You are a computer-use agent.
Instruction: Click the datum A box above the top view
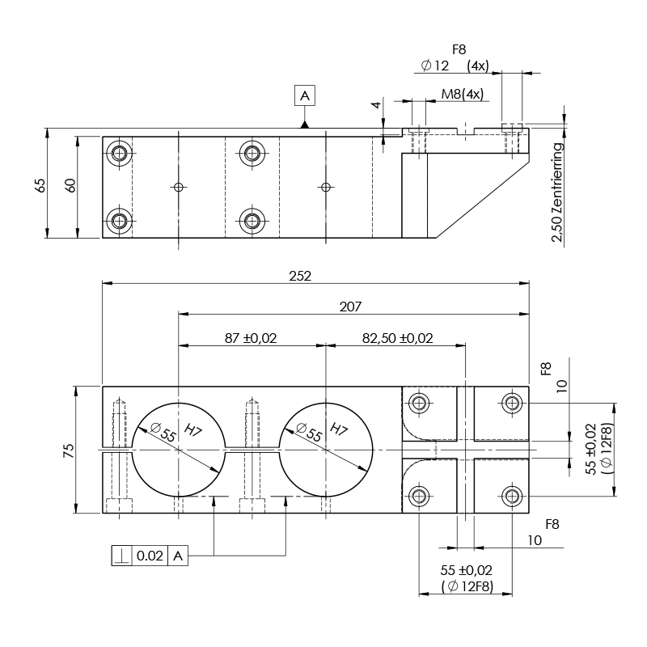tap(305, 96)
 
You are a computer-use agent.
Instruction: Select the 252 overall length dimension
tap(300, 275)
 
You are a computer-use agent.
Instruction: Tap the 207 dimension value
tap(350, 307)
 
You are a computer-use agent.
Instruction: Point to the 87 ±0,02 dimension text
tap(251, 338)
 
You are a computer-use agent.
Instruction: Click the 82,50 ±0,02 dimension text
tap(397, 338)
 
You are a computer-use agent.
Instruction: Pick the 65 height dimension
tap(40, 184)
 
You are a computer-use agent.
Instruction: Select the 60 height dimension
tap(70, 184)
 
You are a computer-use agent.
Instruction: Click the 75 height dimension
tap(69, 450)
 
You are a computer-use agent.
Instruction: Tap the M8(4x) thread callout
tap(462, 94)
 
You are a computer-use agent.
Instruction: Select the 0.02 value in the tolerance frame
tap(150, 556)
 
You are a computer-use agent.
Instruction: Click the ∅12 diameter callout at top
tap(435, 66)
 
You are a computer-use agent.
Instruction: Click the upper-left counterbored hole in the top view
tap(121, 153)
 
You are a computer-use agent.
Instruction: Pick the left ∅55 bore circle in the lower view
tap(178, 449)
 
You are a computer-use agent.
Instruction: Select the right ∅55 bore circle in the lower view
tap(326, 449)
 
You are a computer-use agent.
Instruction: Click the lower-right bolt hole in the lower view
tap(511, 495)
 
